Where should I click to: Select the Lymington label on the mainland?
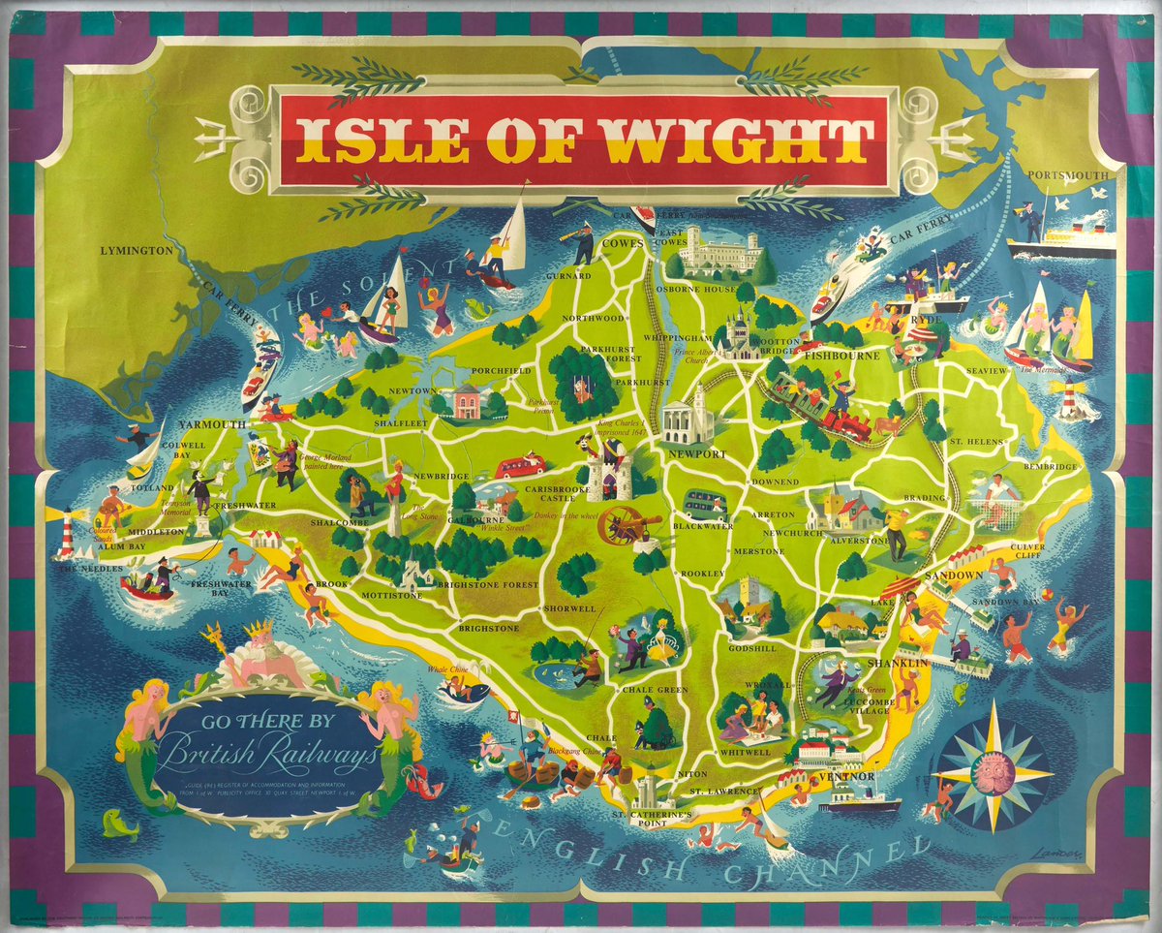pos(137,251)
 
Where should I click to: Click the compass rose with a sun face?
pos(995,772)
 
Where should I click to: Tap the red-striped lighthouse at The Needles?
pos(65,534)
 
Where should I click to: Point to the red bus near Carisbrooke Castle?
pos(521,468)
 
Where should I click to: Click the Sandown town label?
pos(954,575)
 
